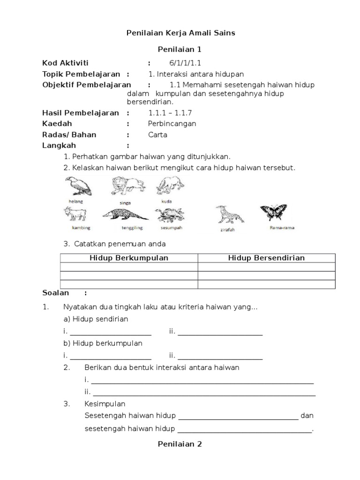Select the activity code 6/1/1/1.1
pos(185,63)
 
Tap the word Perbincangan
pos(172,124)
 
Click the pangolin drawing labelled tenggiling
pos(125,215)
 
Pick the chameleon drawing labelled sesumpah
pos(170,215)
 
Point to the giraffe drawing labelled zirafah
pos(229,215)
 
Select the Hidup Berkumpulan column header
pos(129,258)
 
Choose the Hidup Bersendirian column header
pos(266,258)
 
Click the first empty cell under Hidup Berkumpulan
pos(129,267)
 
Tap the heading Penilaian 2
pos(180,444)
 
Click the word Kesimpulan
pos(105,404)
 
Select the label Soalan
pos(56,293)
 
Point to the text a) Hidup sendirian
pos(96,319)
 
